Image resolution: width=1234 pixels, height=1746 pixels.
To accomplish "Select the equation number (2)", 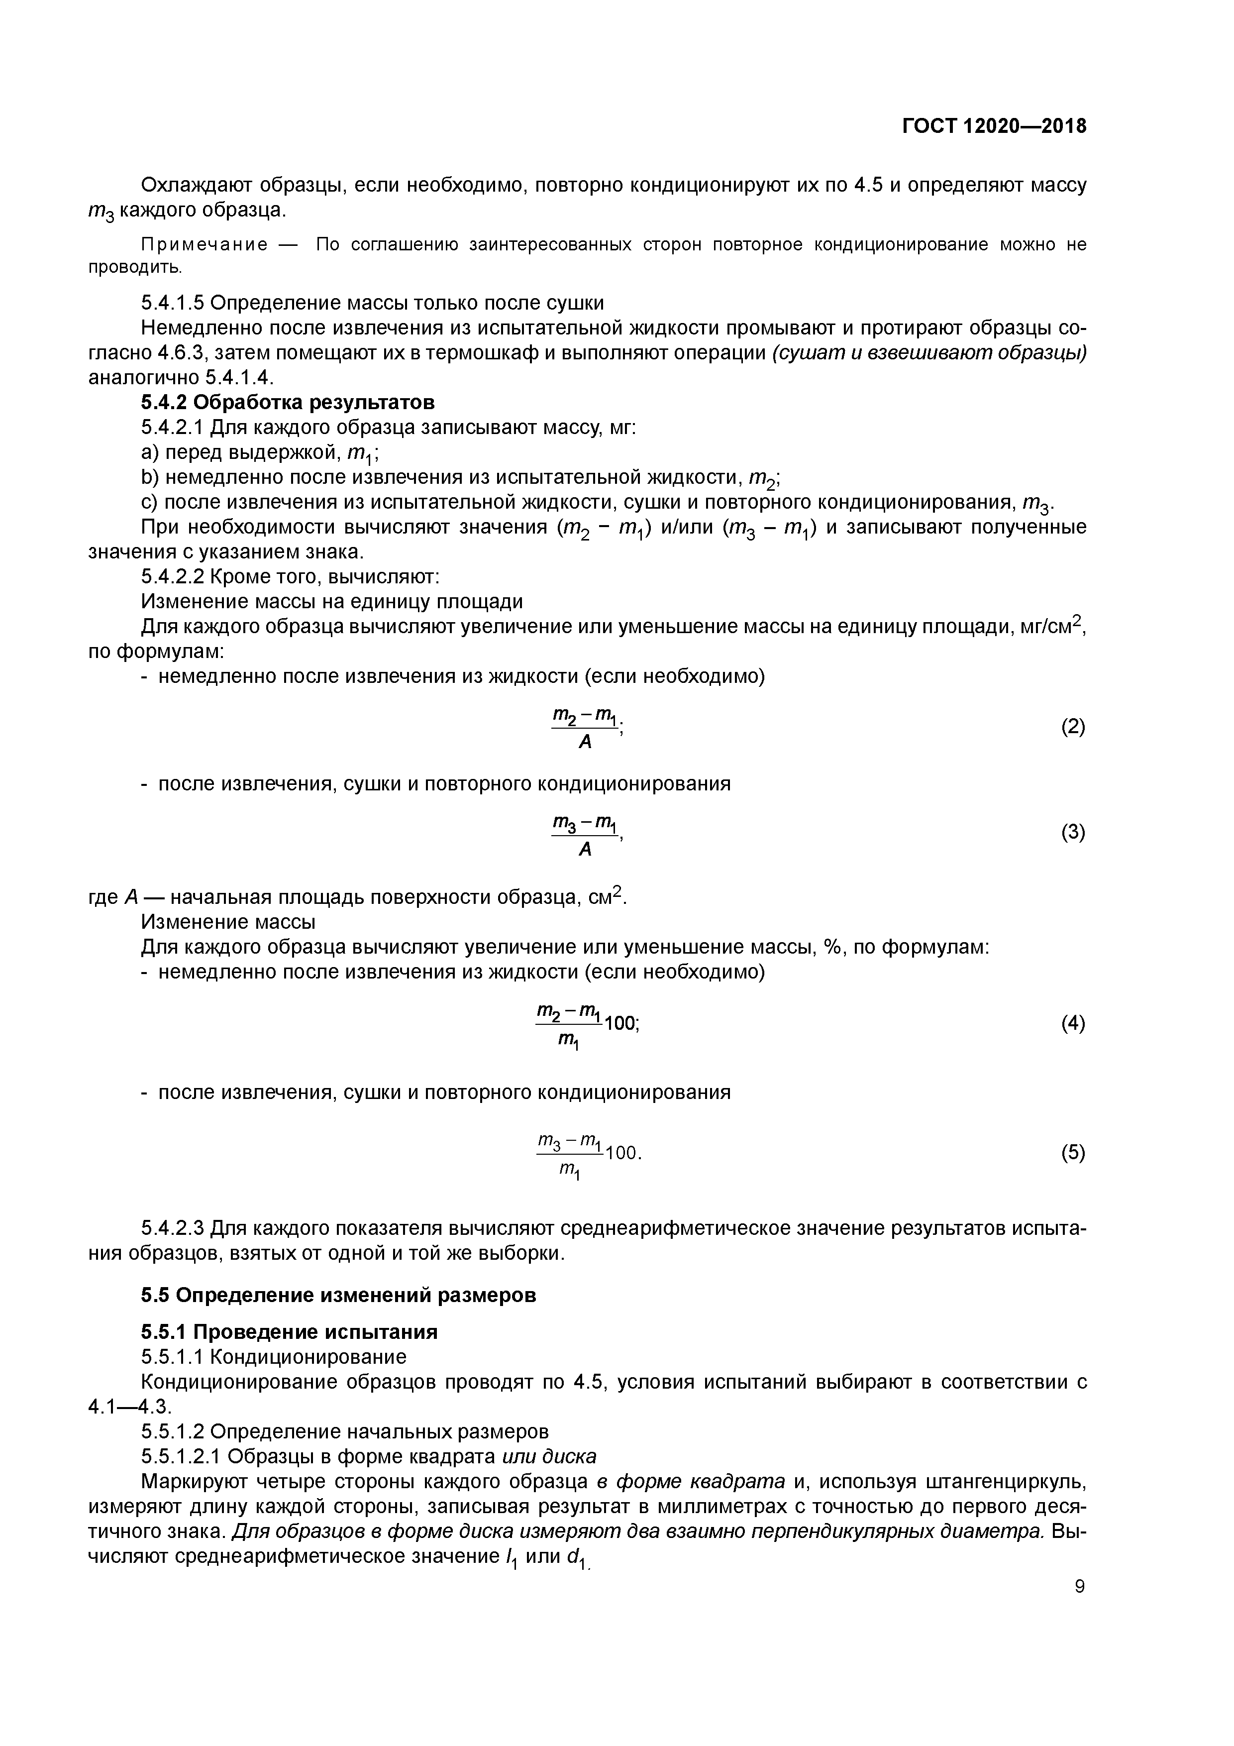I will (1073, 727).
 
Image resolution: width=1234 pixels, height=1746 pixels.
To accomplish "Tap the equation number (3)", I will (1073, 833).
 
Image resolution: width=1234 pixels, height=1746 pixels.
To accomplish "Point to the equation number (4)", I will (1073, 1024).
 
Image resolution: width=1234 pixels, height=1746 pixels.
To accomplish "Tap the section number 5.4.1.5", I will (173, 303).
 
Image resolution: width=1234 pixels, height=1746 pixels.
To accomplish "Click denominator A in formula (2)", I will (585, 742).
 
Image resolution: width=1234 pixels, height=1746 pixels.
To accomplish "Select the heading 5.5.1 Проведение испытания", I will (289, 1332).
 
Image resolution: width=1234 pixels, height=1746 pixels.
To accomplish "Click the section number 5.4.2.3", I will (173, 1228).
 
